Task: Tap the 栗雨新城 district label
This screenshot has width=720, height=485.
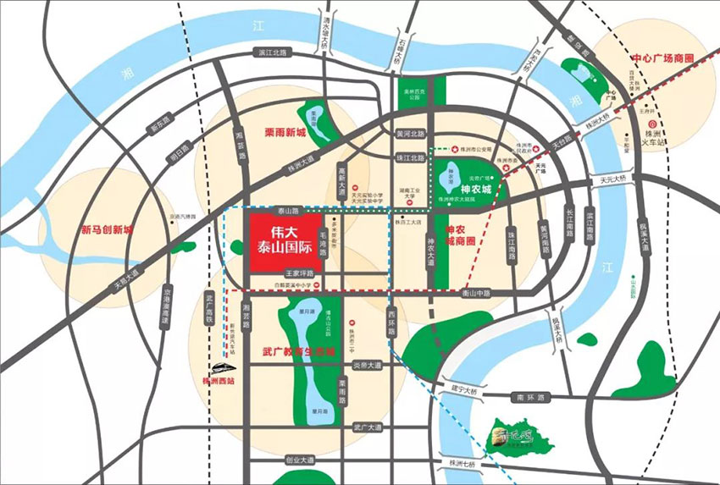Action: [284, 133]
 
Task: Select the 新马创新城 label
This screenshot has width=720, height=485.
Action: [108, 229]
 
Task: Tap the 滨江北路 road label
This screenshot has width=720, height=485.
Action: [271, 52]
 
